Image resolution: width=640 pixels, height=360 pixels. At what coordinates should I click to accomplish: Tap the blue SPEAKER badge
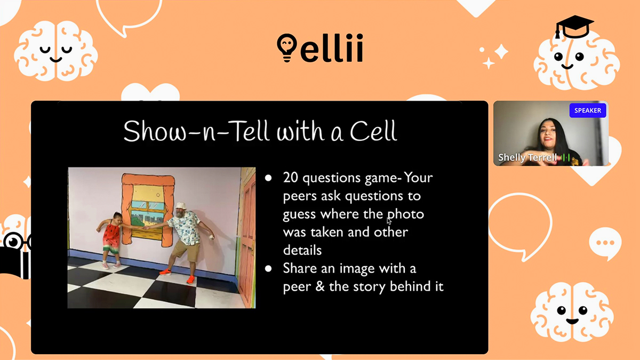(587, 110)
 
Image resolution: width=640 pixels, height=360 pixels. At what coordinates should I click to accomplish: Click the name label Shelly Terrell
(527, 157)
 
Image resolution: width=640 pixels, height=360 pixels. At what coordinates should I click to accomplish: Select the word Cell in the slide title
(373, 131)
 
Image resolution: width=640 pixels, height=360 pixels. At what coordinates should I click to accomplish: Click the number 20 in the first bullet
(291, 178)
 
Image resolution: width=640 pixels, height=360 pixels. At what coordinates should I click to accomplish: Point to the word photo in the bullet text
(405, 214)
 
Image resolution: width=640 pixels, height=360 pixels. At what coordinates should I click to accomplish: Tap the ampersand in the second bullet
(319, 286)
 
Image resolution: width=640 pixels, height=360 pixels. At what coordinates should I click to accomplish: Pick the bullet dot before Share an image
(268, 269)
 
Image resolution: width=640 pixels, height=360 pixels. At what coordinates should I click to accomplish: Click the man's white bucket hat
(181, 206)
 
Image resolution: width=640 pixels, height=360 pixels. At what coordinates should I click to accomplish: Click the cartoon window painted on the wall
(148, 210)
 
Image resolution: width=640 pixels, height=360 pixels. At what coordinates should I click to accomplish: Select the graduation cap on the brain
(574, 27)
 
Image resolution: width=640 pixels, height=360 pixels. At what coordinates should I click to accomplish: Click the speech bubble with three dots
(605, 243)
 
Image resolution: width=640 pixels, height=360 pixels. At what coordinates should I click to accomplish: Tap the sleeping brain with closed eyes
(55, 51)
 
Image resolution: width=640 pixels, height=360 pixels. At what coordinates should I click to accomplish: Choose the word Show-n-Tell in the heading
(196, 131)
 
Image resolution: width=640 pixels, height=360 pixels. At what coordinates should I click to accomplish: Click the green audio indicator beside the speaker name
(565, 157)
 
